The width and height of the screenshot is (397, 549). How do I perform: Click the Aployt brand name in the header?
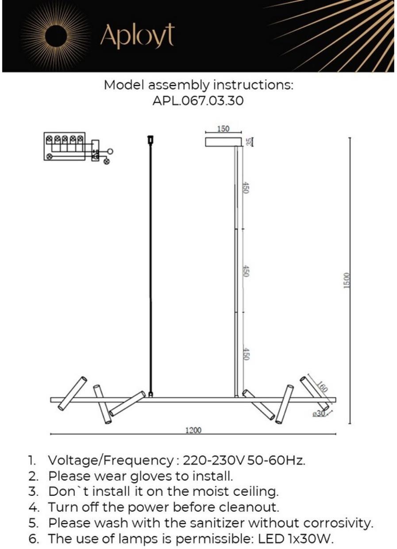pyautogui.click(x=137, y=36)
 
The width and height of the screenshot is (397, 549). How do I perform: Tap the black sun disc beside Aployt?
pyautogui.click(x=58, y=37)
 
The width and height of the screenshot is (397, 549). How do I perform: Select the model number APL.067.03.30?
pyautogui.click(x=198, y=101)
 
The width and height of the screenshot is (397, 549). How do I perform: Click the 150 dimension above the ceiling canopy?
pyautogui.click(x=223, y=129)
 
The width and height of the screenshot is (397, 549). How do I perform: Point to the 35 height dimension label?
pyautogui.click(x=249, y=142)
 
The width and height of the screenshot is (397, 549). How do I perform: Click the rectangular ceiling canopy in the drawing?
pyautogui.click(x=223, y=142)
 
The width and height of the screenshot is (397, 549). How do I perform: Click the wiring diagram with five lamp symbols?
pyautogui.click(x=78, y=148)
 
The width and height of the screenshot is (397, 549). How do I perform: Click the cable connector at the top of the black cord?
pyautogui.click(x=150, y=140)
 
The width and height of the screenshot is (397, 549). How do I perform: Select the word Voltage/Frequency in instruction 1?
pyautogui.click(x=111, y=461)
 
